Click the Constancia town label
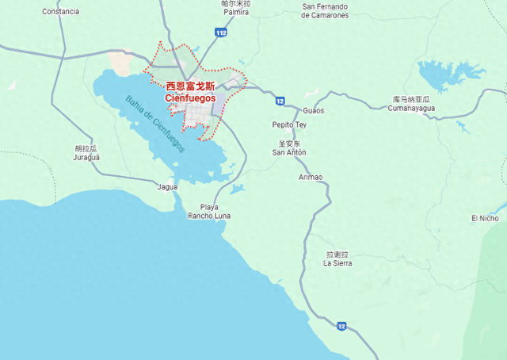tap(60, 12)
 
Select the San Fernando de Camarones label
tap(326, 15)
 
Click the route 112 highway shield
tap(222, 33)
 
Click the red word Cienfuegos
tap(190, 98)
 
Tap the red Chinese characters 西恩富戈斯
tap(190, 86)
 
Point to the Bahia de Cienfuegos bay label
tap(155, 124)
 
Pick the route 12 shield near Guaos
tap(280, 101)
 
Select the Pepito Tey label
tap(289, 124)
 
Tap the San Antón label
tap(289, 151)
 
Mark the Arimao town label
tap(311, 177)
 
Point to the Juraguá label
tap(86, 157)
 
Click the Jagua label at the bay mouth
tap(168, 187)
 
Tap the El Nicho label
tap(485, 218)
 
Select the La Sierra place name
tap(337, 262)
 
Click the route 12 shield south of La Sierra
tap(341, 325)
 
